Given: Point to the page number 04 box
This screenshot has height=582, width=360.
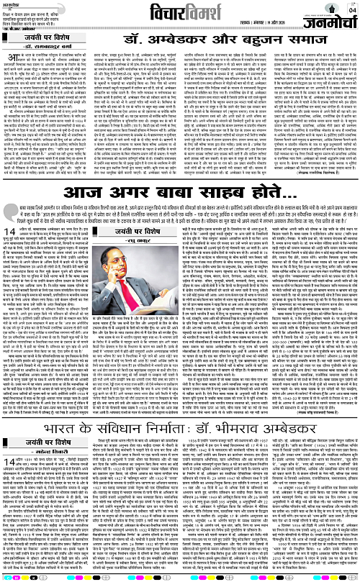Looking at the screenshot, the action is [351, 7].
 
